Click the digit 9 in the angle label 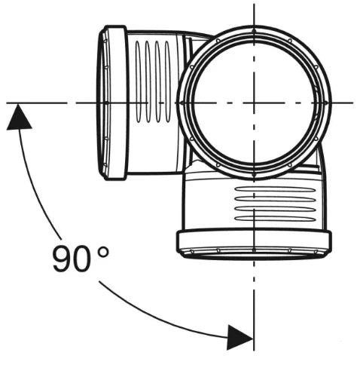63,259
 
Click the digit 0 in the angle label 82,259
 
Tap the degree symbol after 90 103,252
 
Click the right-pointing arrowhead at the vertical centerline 239,338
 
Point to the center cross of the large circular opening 254,103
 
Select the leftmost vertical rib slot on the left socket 138,82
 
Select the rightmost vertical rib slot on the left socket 167,82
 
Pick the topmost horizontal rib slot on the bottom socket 275,189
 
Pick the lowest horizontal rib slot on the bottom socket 275,219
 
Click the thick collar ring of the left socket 116,103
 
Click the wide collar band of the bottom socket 254,241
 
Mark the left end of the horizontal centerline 7,103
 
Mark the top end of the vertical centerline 254,4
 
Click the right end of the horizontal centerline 353,103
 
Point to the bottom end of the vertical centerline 254,351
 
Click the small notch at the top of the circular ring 254,31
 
